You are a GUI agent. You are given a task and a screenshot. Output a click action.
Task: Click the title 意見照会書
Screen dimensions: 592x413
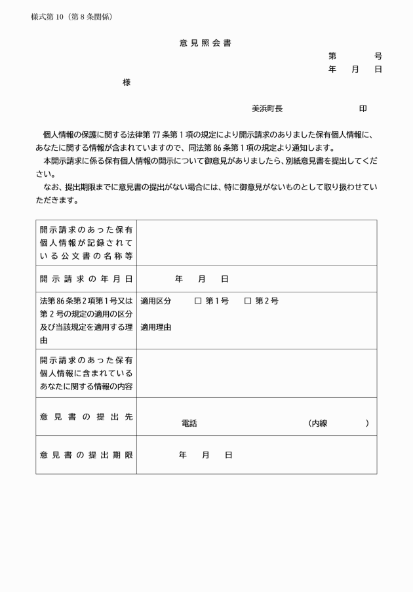[x=205, y=43]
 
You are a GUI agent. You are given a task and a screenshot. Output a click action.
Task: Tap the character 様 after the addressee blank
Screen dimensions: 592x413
[x=127, y=83]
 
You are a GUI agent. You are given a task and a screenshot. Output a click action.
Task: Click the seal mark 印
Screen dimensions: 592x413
[x=363, y=108]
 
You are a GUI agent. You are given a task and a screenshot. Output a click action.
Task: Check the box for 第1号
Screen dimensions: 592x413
[x=197, y=302]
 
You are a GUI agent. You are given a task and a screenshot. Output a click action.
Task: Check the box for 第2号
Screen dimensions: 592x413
[x=248, y=302]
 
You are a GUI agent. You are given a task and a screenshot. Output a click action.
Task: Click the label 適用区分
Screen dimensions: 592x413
[x=155, y=302]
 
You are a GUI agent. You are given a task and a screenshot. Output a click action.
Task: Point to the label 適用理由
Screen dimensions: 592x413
[x=155, y=327]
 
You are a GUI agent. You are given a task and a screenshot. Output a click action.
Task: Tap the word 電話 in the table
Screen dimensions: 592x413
[x=189, y=424]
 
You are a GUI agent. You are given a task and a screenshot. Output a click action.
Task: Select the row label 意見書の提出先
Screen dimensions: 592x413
[x=86, y=417]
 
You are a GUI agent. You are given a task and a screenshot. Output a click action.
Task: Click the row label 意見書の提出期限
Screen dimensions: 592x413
[x=86, y=455]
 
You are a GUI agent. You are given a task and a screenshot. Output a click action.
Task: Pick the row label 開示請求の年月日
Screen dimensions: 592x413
[x=86, y=279]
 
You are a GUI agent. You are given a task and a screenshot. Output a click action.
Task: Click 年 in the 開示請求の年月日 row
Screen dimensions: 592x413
[x=178, y=279]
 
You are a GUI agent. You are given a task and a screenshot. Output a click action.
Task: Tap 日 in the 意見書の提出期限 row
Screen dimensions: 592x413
[x=228, y=455]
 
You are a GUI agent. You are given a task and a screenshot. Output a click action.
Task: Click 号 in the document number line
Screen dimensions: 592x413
[x=378, y=56]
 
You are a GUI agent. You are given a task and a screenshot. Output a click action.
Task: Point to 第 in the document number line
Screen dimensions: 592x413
[x=332, y=56]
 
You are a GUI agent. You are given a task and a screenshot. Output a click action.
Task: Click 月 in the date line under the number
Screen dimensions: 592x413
[x=355, y=69]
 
